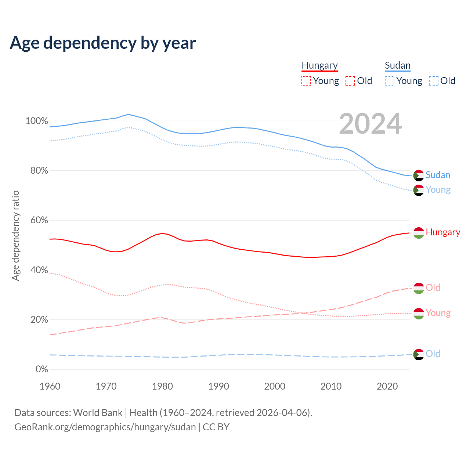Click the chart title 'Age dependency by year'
[103, 43]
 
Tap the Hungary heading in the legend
[319, 66]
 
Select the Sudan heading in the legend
[397, 66]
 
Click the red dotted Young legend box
[306, 81]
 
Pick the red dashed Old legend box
[350, 81]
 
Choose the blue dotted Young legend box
[390, 81]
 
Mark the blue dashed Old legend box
[433, 81]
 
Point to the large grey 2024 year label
[370, 124]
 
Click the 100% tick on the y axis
[36, 121]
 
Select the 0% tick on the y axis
[41, 369]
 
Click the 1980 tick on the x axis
[162, 386]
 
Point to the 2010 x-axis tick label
[331, 386]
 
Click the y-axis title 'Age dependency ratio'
[15, 235]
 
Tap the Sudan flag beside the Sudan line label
[419, 176]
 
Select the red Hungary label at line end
[443, 232]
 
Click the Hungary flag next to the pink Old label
[419, 288]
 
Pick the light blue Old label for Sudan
[433, 354]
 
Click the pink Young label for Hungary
[438, 313]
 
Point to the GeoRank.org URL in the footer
[105, 427]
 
